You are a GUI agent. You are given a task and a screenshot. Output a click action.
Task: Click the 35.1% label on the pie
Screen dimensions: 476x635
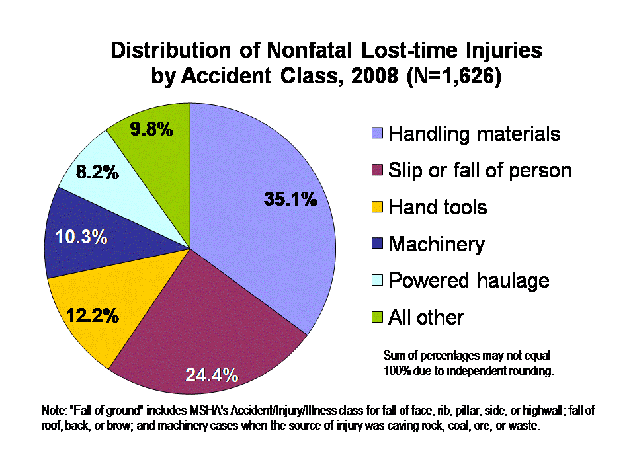click(x=291, y=199)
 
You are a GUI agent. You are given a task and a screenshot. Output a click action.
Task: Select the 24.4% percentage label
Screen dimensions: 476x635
click(x=212, y=376)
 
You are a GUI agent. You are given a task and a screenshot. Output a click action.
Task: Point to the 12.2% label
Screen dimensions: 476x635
click(x=93, y=316)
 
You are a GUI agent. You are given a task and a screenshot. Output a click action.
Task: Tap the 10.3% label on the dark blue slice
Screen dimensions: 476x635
click(x=81, y=237)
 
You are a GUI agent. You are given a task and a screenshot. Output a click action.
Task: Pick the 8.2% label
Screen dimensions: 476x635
click(x=97, y=173)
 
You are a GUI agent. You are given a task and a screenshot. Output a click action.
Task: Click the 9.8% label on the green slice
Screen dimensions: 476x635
click(x=151, y=129)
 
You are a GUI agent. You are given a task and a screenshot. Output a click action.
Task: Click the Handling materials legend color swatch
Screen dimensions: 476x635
click(x=377, y=134)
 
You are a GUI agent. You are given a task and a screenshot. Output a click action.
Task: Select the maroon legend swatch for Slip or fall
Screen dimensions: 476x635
click(x=377, y=171)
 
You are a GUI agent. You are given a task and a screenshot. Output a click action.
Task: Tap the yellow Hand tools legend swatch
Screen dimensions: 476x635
click(x=377, y=208)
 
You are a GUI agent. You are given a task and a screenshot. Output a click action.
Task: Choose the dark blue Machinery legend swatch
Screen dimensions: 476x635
click(x=377, y=245)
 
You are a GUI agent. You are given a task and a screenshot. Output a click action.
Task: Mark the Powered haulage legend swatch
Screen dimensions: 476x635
click(x=377, y=281)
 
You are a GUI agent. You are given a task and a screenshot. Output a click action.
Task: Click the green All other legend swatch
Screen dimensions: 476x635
click(x=377, y=318)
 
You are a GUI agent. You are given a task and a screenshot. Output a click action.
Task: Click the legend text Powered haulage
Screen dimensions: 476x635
click(x=469, y=280)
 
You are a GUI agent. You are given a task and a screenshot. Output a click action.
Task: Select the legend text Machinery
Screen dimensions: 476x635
click(x=437, y=245)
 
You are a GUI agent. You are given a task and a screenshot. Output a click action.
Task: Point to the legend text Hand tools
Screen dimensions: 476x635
click(x=438, y=208)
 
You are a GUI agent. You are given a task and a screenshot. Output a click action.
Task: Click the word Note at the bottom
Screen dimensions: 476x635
click(x=54, y=411)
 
